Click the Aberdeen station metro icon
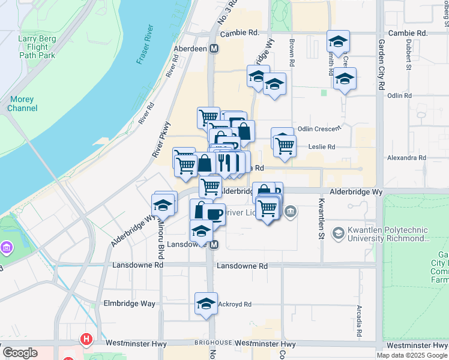tap(214, 49)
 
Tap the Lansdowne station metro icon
tap(214, 244)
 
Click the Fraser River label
tap(146, 45)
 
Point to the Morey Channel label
tap(23, 103)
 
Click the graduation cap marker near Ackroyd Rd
tap(206, 304)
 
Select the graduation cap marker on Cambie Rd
tap(338, 41)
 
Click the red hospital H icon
tap(87, 340)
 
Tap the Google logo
tap(20, 353)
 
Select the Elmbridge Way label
tap(129, 304)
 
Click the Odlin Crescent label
tap(319, 128)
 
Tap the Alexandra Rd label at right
tap(406, 158)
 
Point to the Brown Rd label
tap(292, 52)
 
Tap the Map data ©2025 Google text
tap(411, 355)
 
